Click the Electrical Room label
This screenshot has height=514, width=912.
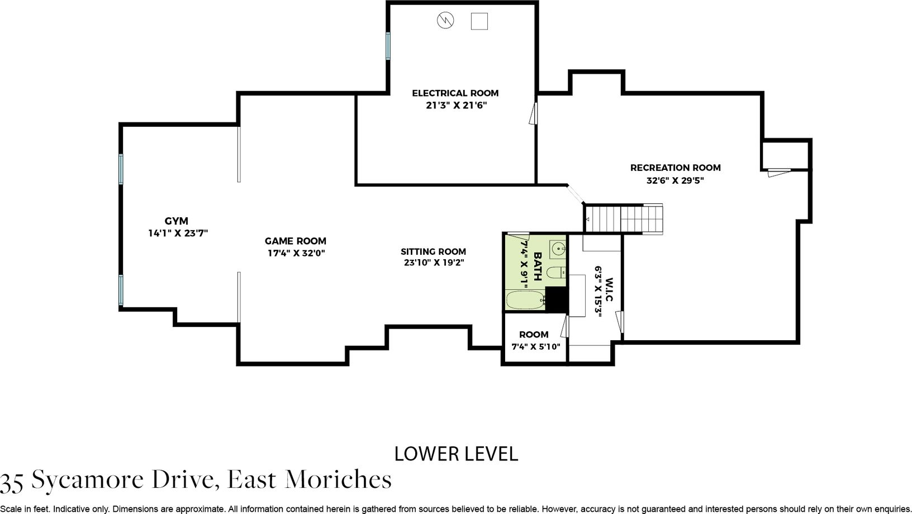[x=455, y=93]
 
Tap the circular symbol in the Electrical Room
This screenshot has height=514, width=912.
[x=445, y=20]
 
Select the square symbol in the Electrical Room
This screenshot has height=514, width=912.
[x=479, y=21]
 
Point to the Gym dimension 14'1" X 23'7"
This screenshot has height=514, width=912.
[x=178, y=233]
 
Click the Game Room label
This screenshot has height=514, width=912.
[x=296, y=241]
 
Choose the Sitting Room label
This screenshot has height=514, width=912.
[x=433, y=251]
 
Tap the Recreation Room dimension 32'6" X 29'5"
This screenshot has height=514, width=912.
[x=675, y=180]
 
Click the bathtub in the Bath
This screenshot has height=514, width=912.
[x=526, y=300]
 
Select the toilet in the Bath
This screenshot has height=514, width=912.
[x=555, y=272]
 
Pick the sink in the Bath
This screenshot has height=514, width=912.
[x=558, y=249]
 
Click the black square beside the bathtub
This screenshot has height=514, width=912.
[x=556, y=299]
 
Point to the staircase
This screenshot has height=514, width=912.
[x=623, y=219]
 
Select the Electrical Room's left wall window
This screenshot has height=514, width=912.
[x=388, y=46]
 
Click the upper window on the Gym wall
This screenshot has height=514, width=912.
[x=121, y=169]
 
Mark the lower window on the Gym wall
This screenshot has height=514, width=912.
[x=121, y=290]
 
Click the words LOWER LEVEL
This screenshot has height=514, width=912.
[x=456, y=454]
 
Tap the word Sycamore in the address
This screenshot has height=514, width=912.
[x=87, y=480]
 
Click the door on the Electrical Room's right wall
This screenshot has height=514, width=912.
[x=534, y=113]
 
